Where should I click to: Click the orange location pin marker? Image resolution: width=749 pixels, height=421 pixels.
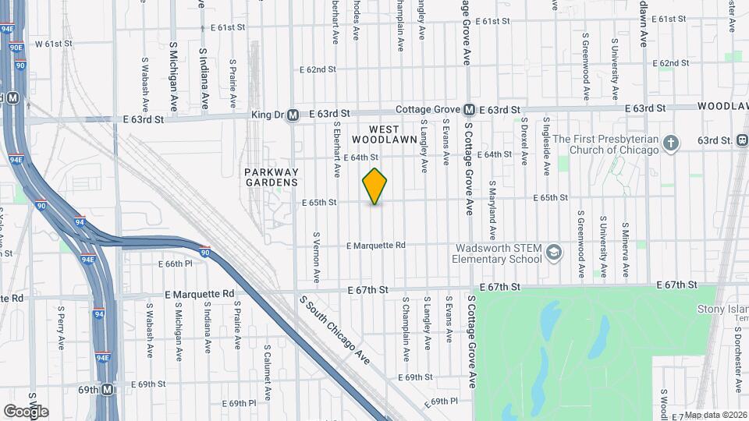(x=375, y=186)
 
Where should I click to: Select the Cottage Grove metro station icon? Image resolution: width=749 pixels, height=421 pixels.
(x=470, y=110)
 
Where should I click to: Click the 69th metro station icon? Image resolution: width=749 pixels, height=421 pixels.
(x=108, y=389)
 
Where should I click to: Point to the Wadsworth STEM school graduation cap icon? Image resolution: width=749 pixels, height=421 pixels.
(x=553, y=252)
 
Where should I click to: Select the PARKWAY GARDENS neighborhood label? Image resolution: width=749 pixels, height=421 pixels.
(x=271, y=177)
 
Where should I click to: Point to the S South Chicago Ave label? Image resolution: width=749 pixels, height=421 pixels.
(x=334, y=329)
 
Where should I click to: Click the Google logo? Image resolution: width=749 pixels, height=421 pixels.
(x=26, y=411)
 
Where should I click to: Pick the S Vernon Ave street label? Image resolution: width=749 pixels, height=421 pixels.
(x=317, y=256)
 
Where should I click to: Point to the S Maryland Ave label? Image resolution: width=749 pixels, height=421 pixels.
(x=492, y=210)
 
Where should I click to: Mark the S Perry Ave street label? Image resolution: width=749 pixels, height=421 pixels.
(x=61, y=327)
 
